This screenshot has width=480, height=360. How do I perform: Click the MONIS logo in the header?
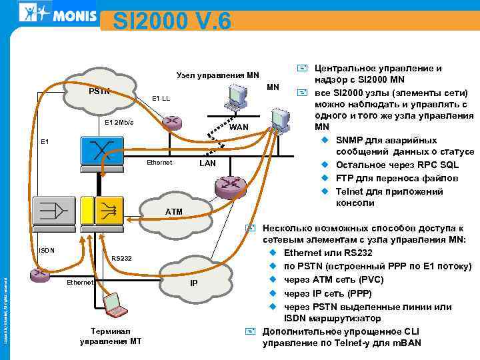(x=58, y=13)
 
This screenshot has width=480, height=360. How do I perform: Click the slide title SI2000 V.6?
(x=171, y=20)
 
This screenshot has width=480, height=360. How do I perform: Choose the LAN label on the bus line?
(x=208, y=164)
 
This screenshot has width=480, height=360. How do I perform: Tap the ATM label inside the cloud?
(x=173, y=211)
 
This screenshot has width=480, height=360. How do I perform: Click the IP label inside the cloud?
(x=193, y=283)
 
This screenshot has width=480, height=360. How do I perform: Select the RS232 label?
(x=121, y=257)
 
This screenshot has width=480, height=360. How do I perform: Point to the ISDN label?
(x=46, y=251)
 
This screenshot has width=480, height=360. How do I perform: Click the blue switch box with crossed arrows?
(x=98, y=151)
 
